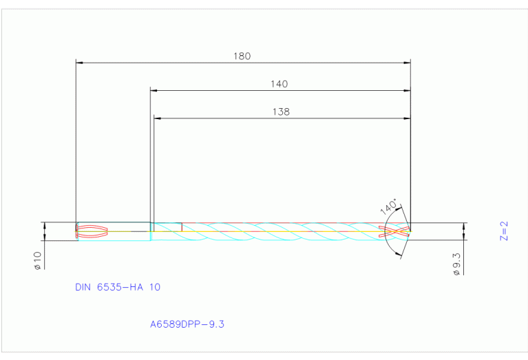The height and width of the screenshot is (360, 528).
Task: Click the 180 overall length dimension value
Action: click(242, 56)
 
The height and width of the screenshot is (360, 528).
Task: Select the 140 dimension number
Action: click(279, 84)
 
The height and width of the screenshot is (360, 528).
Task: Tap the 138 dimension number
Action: click(281, 111)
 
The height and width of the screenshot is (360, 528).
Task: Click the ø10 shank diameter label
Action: click(38, 260)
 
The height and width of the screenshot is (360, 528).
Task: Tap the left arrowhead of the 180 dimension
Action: click(78, 63)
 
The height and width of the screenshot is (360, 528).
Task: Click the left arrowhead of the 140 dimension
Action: click(154, 90)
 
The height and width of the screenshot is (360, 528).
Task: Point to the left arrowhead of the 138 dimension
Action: click(157, 118)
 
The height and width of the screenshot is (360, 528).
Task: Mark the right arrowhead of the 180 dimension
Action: click(407, 63)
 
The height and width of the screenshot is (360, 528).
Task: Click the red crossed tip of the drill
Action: click(398, 231)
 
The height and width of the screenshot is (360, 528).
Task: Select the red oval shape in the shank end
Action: click(92, 231)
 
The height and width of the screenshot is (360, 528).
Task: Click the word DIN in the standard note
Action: click(84, 286)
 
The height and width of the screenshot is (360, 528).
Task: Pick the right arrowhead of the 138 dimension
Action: click(407, 118)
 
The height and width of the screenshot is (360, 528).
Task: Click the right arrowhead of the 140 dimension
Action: click(407, 90)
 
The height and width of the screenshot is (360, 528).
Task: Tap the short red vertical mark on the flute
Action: click(181, 227)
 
